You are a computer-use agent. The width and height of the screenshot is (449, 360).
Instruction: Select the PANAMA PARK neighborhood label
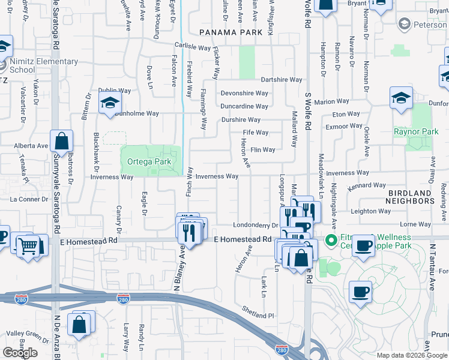[231, 32]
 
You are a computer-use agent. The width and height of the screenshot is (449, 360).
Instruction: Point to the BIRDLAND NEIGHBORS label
[402, 197]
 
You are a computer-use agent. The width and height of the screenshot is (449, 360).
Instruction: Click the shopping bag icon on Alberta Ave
[62, 142]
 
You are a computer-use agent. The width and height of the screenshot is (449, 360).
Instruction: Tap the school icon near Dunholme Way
[110, 103]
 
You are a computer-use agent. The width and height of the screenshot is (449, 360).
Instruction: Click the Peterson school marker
[404, 24]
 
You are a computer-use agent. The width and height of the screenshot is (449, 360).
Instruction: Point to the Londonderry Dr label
[256, 225]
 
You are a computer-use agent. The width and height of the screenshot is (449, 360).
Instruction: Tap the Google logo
[20, 353]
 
